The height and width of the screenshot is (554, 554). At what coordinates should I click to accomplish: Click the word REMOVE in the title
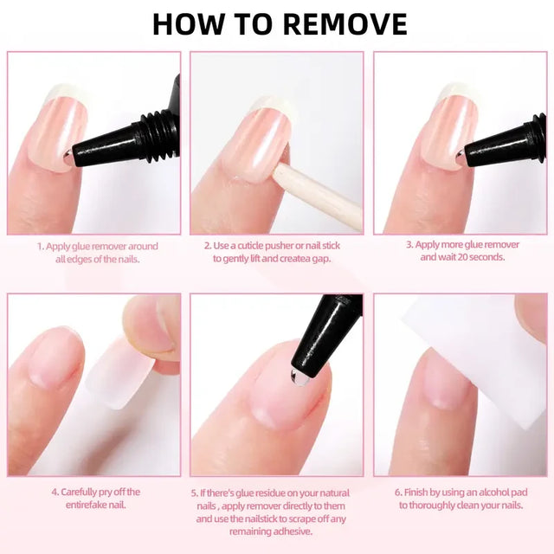pos(345,24)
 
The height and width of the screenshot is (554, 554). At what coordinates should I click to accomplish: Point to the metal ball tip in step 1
pos(68,154)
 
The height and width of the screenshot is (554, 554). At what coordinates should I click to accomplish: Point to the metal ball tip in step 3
pos(461,154)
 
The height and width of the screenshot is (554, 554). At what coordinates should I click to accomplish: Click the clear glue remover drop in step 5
pos(299,377)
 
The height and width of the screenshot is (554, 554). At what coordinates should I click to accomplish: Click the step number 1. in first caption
pos(41,246)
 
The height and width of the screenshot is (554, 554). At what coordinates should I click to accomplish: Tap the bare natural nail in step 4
pos(55,357)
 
